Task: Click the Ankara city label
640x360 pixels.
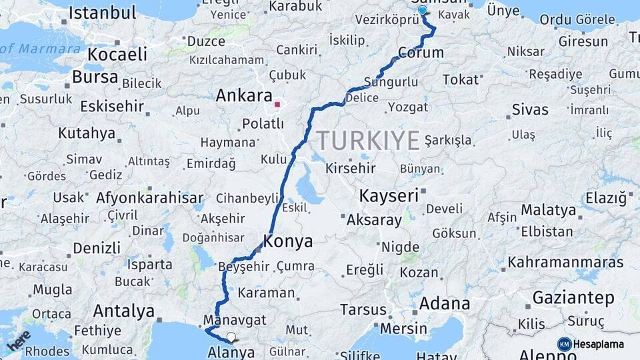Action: click(x=243, y=96)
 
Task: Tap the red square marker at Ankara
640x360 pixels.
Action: click(x=277, y=104)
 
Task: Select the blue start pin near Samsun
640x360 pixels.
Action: click(x=422, y=10)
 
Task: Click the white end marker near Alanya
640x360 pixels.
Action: click(x=231, y=337)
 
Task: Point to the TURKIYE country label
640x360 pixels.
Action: click(x=368, y=141)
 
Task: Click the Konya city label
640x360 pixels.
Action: click(x=288, y=241)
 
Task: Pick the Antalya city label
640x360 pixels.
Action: click(x=123, y=310)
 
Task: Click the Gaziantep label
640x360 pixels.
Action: click(x=573, y=298)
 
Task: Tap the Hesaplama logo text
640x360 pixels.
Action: click(x=598, y=344)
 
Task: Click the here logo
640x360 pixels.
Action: click(x=19, y=341)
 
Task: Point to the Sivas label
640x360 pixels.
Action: click(x=530, y=109)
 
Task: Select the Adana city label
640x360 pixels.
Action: click(x=445, y=304)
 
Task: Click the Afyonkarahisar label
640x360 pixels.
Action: click(x=149, y=198)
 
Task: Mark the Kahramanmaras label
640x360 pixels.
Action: click(x=565, y=262)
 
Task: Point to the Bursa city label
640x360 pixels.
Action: click(x=95, y=77)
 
